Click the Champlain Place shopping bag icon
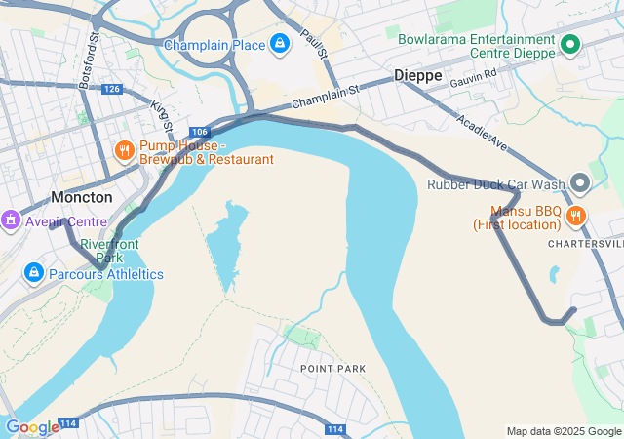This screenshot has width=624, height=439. (x=280, y=45)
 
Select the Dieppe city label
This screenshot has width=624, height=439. (x=418, y=75)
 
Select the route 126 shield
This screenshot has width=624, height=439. (x=112, y=89)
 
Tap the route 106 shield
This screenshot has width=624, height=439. (x=200, y=132)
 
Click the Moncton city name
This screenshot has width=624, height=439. (x=82, y=197)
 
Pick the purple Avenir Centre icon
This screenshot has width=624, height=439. (x=11, y=220)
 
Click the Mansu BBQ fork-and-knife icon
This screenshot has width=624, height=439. (x=577, y=217)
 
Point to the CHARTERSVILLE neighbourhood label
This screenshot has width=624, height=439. (x=584, y=243)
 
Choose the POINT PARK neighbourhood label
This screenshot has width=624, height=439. (x=332, y=369)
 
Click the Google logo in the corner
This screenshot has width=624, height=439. (x=32, y=426)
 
